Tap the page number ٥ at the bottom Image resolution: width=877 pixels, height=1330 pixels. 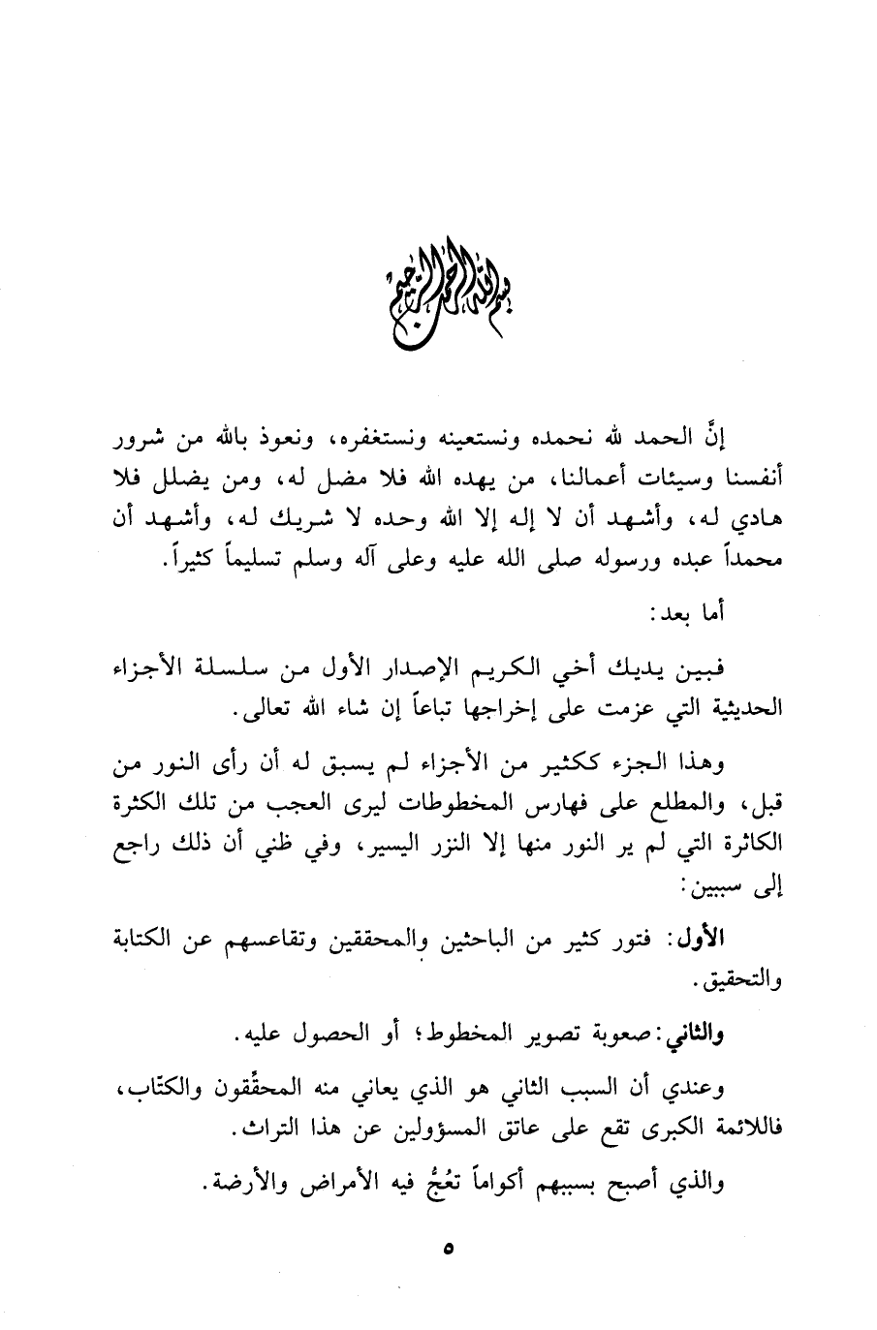pyautogui.click(x=447, y=1251)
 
